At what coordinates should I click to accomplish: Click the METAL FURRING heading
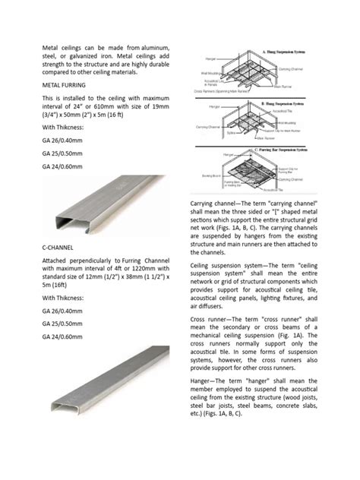pos(67,86)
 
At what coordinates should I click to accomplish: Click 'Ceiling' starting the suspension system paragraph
pos(202,280)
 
